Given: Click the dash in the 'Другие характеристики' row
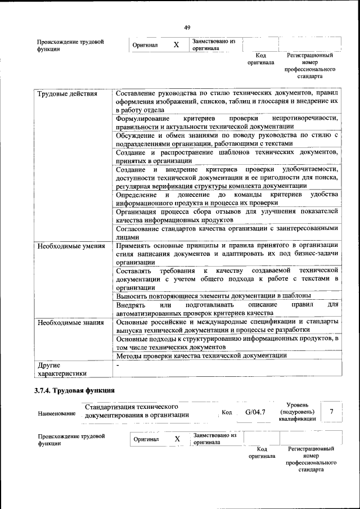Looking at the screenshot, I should (118, 366).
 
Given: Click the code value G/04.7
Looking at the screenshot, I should (255, 413).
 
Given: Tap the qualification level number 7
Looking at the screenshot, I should (332, 412).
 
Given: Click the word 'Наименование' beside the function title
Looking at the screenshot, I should (57, 413).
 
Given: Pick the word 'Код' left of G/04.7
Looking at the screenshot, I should (227, 413).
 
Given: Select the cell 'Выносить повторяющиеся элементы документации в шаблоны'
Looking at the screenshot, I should (213, 295).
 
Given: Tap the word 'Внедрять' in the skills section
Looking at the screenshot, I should (131, 304).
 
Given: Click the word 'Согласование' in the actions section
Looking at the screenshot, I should (140, 228).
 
